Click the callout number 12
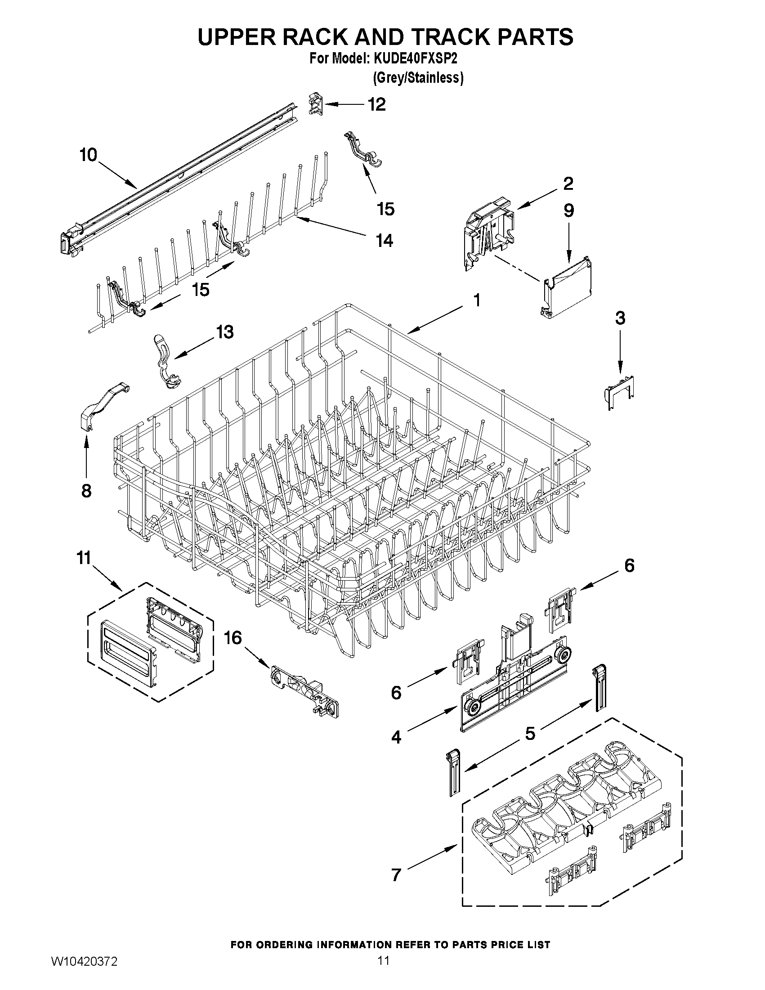click(x=376, y=104)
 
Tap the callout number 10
click(x=89, y=155)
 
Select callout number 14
click(x=385, y=240)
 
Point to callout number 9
click(x=569, y=211)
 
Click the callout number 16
click(x=233, y=638)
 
